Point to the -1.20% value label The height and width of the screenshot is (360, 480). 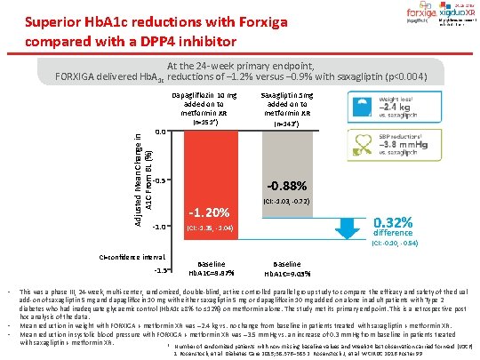211,213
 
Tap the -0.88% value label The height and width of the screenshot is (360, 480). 284,187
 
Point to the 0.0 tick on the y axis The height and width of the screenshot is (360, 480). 158,132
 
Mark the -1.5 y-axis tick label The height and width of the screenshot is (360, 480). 160,269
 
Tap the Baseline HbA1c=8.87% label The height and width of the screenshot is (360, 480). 211,269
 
